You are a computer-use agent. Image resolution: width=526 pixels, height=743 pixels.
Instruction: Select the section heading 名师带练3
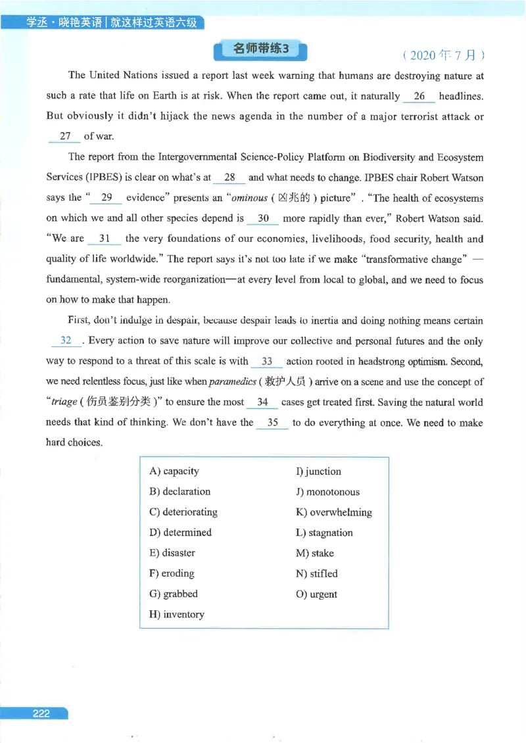(x=261, y=49)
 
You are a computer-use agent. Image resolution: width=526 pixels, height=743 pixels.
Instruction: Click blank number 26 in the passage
(x=419, y=96)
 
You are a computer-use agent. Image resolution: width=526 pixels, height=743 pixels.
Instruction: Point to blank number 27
(x=64, y=136)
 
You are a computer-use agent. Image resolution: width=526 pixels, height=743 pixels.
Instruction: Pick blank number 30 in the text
(x=262, y=218)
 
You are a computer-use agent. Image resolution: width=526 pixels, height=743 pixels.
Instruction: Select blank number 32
(x=66, y=341)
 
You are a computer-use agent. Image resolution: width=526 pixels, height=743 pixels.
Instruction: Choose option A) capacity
(x=174, y=471)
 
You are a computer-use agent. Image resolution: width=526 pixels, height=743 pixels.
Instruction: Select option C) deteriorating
(x=183, y=512)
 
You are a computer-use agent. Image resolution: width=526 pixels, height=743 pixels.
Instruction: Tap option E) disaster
(x=172, y=552)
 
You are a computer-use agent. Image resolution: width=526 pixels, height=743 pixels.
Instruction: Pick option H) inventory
(x=177, y=614)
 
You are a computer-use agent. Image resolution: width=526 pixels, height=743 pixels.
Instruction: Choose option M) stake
(x=315, y=553)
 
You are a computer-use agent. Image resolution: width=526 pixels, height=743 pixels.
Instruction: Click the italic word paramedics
(x=231, y=382)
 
